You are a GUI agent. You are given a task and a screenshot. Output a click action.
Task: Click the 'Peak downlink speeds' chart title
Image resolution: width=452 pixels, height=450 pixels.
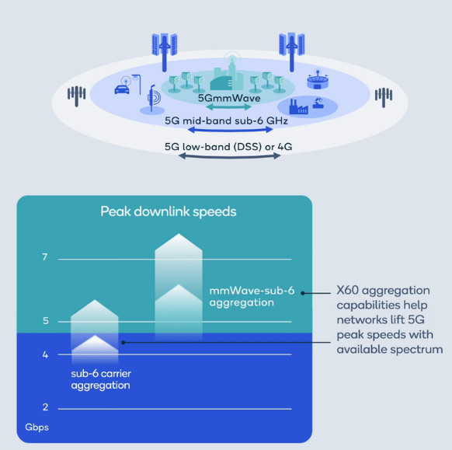click(169, 211)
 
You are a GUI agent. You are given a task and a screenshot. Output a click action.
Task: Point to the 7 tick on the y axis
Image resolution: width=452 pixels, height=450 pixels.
click(44, 256)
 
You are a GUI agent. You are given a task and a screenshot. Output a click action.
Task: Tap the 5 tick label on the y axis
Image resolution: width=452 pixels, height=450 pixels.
click(46, 321)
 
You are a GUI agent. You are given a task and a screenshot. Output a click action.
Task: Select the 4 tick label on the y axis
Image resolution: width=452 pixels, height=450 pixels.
click(45, 355)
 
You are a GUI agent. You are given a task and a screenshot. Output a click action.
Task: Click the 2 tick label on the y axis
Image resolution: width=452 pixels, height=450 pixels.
click(45, 407)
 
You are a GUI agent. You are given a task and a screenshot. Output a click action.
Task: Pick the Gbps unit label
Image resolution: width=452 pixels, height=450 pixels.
click(37, 427)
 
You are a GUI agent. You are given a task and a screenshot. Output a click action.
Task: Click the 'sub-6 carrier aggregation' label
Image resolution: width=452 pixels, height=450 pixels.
click(101, 379)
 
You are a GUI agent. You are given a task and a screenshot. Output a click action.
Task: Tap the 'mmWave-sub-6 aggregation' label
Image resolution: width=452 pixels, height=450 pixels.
click(252, 297)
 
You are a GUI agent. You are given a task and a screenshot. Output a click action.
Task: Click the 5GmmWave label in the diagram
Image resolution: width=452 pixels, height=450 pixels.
click(229, 99)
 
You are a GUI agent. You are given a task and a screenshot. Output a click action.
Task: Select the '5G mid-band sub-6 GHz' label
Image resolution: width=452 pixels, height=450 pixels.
click(226, 120)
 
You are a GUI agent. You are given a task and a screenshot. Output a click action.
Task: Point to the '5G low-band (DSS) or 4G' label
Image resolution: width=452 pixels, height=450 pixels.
click(228, 147)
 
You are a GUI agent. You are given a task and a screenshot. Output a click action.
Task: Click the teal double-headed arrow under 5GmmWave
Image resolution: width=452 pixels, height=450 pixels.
click(229, 107)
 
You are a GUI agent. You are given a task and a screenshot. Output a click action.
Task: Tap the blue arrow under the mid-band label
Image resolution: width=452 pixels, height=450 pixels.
click(230, 130)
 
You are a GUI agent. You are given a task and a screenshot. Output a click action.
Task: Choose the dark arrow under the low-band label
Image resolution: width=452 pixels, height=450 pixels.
click(229, 156)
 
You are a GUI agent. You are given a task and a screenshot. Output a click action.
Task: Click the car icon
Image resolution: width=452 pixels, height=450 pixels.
click(122, 89)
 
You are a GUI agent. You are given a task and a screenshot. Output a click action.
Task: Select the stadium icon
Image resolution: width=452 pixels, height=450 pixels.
click(318, 80)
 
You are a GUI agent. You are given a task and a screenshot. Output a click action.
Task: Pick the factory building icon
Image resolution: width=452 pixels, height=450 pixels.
click(298, 107)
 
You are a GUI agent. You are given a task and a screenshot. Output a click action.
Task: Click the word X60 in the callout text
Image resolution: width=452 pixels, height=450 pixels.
click(348, 291)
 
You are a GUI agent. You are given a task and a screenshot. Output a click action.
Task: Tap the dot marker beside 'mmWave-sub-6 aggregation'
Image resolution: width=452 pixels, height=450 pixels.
click(303, 293)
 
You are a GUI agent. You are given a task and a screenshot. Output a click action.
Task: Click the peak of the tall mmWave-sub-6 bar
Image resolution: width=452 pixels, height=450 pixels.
click(179, 234)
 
